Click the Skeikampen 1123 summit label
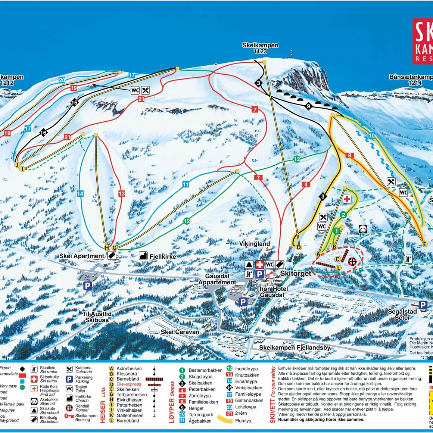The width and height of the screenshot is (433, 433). (260, 48)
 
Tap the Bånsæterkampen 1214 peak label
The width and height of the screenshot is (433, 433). (411, 80)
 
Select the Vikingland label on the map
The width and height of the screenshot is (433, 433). (255, 244)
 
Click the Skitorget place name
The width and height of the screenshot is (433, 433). (295, 274)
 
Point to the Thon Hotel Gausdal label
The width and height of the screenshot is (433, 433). (272, 292)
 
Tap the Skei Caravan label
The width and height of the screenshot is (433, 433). (180, 332)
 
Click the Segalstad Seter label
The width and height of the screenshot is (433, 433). (402, 315)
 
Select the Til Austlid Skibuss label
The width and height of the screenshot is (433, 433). (97, 317)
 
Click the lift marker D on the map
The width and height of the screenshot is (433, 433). (298, 247)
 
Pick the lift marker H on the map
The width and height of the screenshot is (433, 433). (107, 248)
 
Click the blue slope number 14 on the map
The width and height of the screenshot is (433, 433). (80, 193)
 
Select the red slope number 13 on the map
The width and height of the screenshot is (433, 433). (121, 193)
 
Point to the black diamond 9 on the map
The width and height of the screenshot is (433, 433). (308, 106)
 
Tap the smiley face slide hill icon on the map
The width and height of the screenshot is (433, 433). (362, 229)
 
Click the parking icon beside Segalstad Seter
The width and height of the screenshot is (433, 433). (423, 305)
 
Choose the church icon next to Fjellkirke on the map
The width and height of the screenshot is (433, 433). (143, 256)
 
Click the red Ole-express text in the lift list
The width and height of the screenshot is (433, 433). (129, 384)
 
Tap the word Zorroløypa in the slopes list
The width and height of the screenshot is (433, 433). (200, 396)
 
